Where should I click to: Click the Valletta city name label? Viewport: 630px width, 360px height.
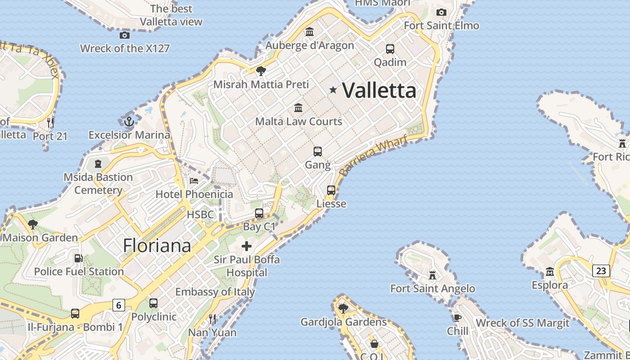click(379, 90)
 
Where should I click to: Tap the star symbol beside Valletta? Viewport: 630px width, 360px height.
click(333, 90)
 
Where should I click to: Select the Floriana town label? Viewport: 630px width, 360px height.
click(157, 246)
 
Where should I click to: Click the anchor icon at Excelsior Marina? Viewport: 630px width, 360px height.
click(129, 121)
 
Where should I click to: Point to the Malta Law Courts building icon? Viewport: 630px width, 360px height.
click(298, 108)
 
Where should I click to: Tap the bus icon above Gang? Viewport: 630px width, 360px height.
click(318, 152)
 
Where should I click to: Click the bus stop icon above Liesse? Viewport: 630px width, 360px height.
click(331, 190)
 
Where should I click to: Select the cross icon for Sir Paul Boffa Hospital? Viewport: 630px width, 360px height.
click(247, 246)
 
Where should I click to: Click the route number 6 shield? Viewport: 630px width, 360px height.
click(118, 305)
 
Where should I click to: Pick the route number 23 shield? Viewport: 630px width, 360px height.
click(601, 270)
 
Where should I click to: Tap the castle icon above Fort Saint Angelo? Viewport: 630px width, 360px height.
click(432, 275)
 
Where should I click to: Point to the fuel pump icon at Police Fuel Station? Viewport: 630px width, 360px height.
click(79, 258)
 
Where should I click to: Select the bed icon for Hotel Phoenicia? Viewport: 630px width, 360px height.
click(194, 181)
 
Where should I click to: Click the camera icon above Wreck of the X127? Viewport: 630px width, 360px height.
click(125, 35)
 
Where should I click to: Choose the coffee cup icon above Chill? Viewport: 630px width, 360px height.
click(458, 318)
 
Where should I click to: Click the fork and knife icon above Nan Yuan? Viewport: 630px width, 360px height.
click(212, 319)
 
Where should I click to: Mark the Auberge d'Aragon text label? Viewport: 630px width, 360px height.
click(310, 45)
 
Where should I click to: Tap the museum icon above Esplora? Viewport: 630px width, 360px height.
click(549, 272)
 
